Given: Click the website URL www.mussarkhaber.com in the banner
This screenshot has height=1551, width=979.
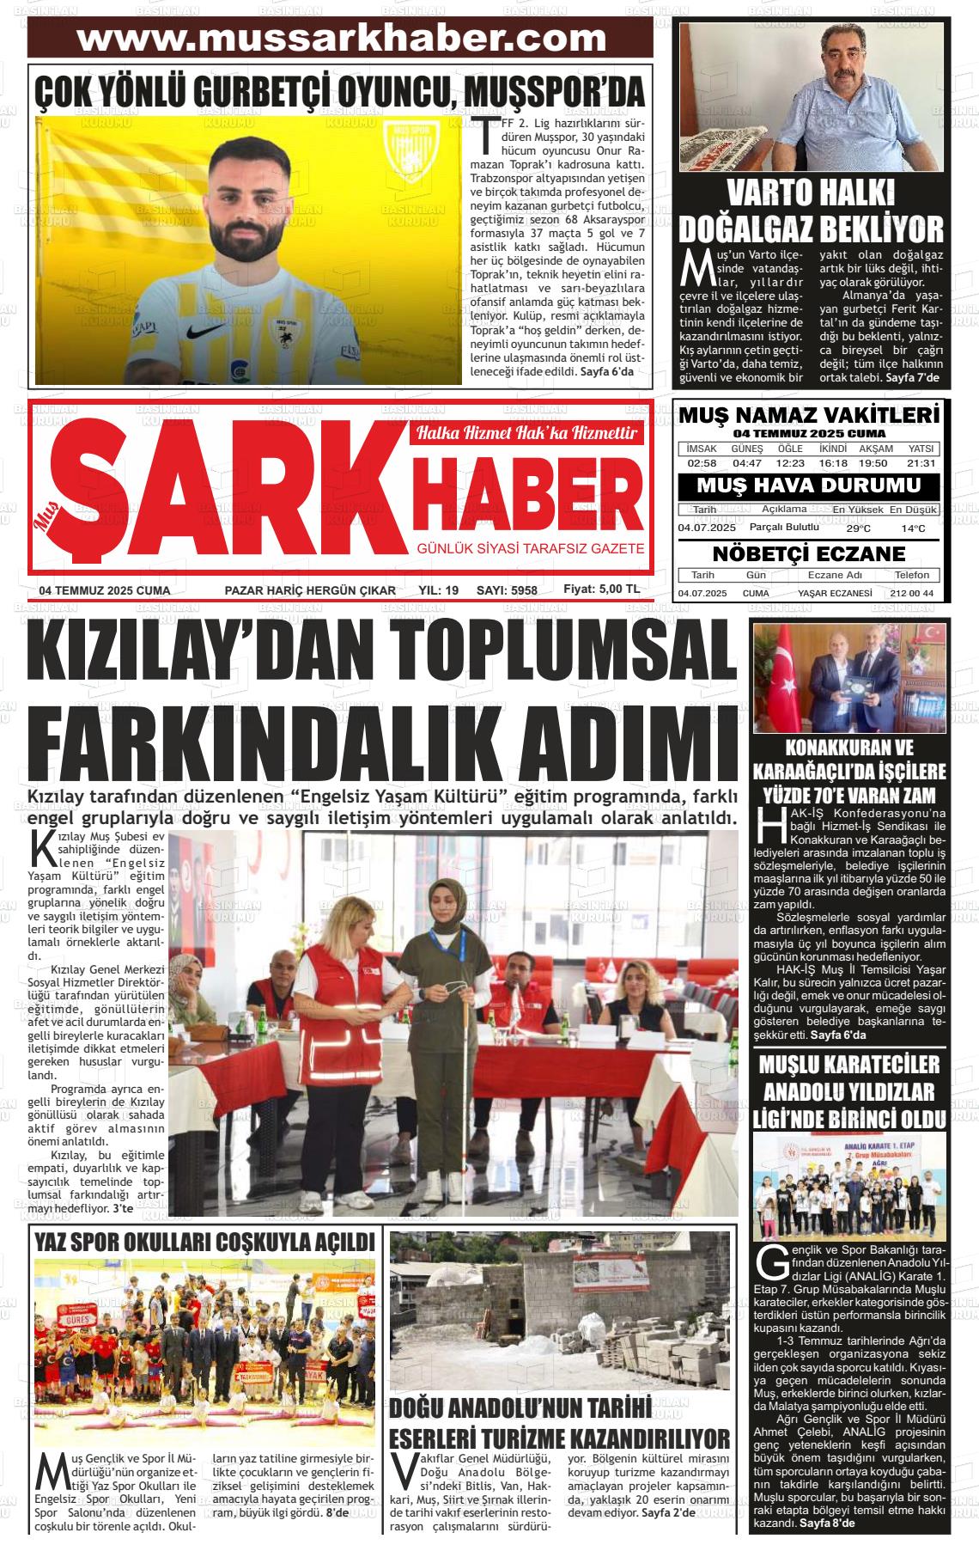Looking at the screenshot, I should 341,39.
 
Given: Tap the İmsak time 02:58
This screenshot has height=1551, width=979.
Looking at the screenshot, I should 702,463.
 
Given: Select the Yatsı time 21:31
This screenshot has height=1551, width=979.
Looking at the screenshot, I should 921,463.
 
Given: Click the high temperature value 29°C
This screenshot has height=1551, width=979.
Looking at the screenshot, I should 858,528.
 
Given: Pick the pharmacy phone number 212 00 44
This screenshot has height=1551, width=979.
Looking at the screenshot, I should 912,594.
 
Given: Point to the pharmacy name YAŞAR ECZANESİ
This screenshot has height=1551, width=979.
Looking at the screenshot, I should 835,594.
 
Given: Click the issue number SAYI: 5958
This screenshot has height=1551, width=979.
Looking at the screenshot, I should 507,590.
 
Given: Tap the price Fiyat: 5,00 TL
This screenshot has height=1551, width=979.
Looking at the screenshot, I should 601,589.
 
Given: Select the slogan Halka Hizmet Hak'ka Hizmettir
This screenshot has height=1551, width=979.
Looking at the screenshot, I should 526,433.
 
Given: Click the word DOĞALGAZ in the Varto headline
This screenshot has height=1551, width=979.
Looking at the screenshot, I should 745,229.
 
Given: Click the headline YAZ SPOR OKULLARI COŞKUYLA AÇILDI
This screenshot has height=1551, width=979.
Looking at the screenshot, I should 204,1243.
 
